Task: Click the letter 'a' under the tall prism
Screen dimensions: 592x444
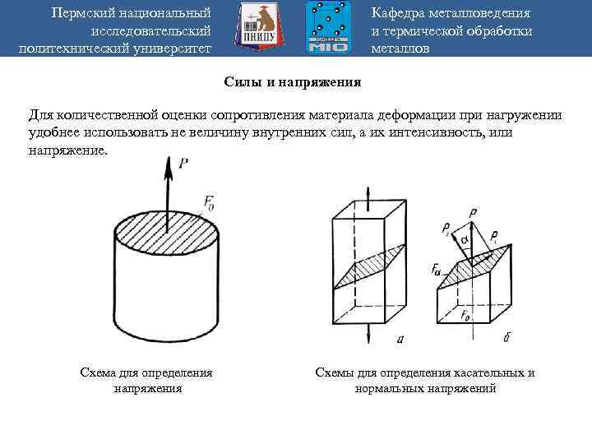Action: click(x=399, y=337)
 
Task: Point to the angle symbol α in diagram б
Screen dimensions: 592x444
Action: click(x=464, y=239)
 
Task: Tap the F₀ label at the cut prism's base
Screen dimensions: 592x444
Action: click(x=465, y=315)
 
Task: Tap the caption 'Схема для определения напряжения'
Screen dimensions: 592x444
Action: click(x=146, y=380)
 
